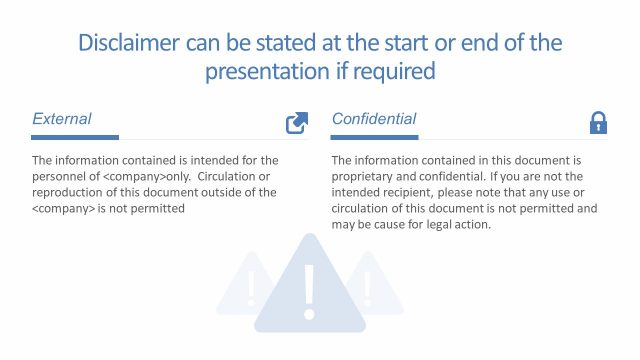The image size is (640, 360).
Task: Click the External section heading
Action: [62, 119]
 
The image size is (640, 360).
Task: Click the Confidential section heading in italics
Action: [374, 119]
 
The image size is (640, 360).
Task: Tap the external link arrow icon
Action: [297, 123]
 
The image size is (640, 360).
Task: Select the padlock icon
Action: [598, 123]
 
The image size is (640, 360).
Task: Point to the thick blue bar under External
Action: [76, 137]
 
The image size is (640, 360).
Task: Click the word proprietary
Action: [366, 175]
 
